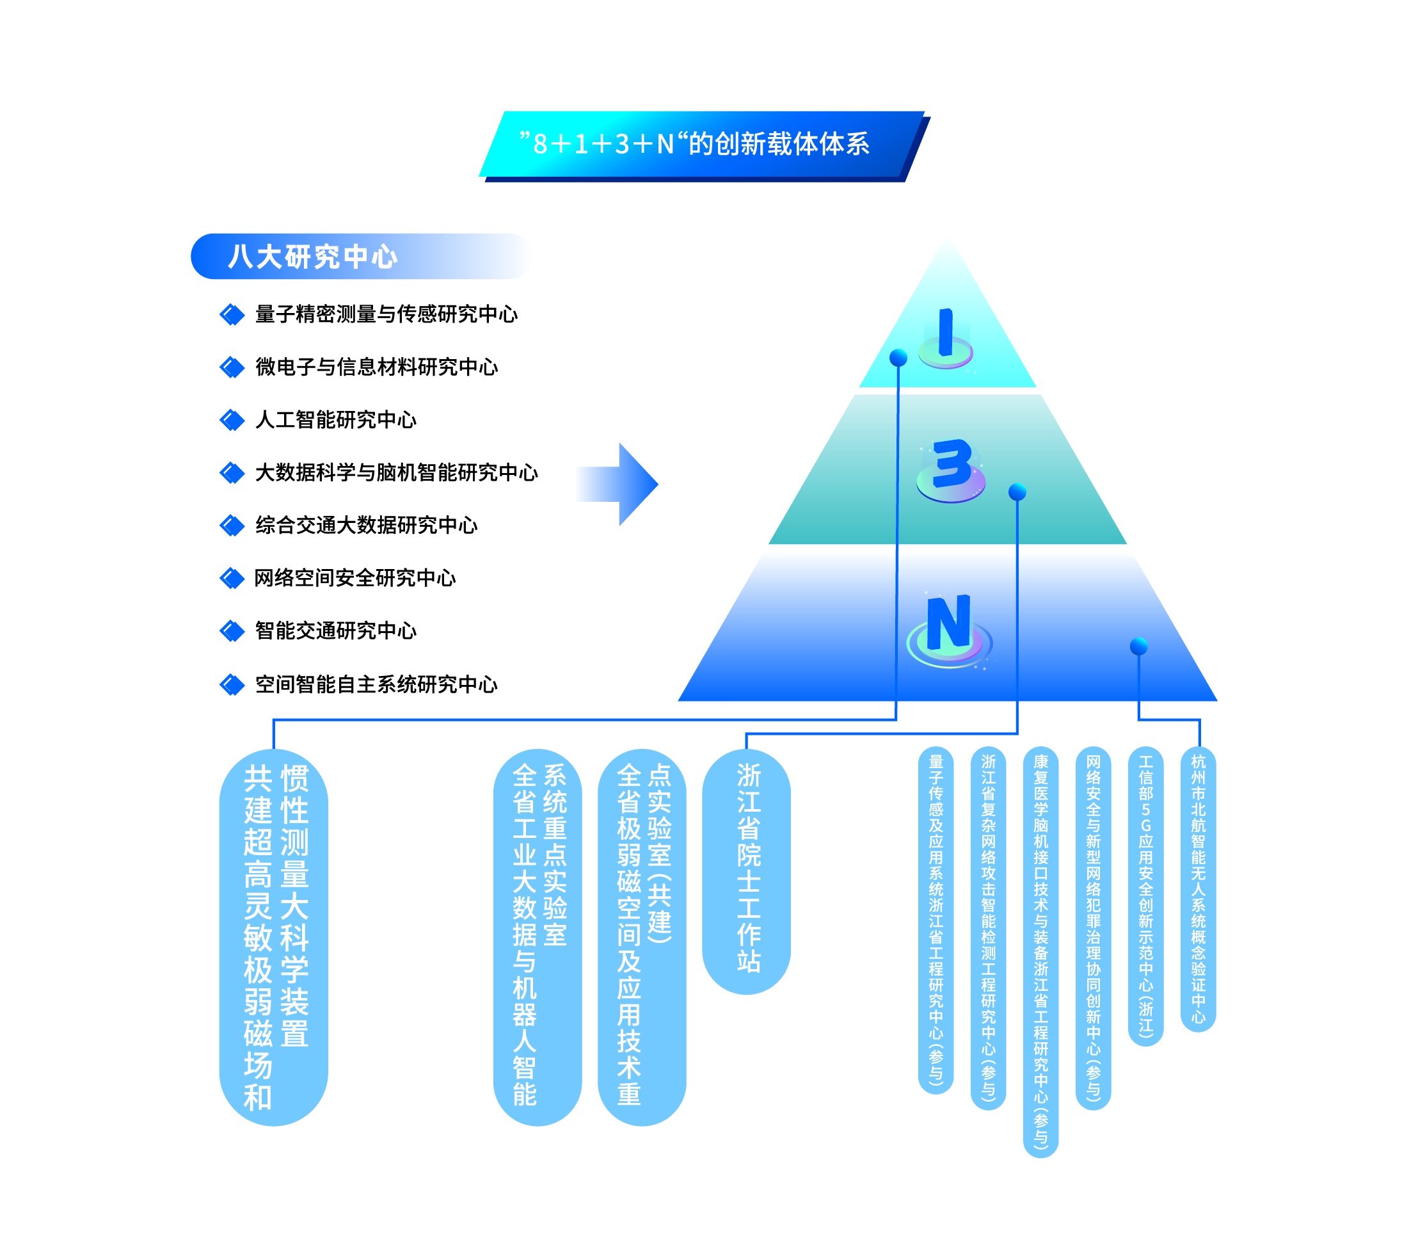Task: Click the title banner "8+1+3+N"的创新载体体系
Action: tap(701, 145)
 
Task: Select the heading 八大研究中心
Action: tap(313, 257)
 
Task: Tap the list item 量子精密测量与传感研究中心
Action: tap(386, 314)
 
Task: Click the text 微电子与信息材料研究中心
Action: tap(376, 367)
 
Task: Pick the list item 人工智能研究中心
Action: tap(336, 420)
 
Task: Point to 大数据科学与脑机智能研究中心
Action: tap(396, 472)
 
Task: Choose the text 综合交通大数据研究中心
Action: tap(366, 526)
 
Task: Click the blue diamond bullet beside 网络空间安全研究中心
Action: tap(232, 578)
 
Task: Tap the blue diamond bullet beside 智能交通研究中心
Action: tap(232, 631)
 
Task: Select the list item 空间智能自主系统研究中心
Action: tap(376, 685)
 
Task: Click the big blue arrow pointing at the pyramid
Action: tap(621, 484)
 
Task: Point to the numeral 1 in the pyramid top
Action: tap(945, 333)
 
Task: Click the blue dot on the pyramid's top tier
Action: tap(898, 357)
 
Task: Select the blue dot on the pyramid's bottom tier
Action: tap(1138, 646)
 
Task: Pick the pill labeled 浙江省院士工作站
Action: tap(747, 871)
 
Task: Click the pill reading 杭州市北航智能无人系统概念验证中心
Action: tap(1198, 889)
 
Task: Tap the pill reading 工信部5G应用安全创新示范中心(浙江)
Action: tap(1145, 896)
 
